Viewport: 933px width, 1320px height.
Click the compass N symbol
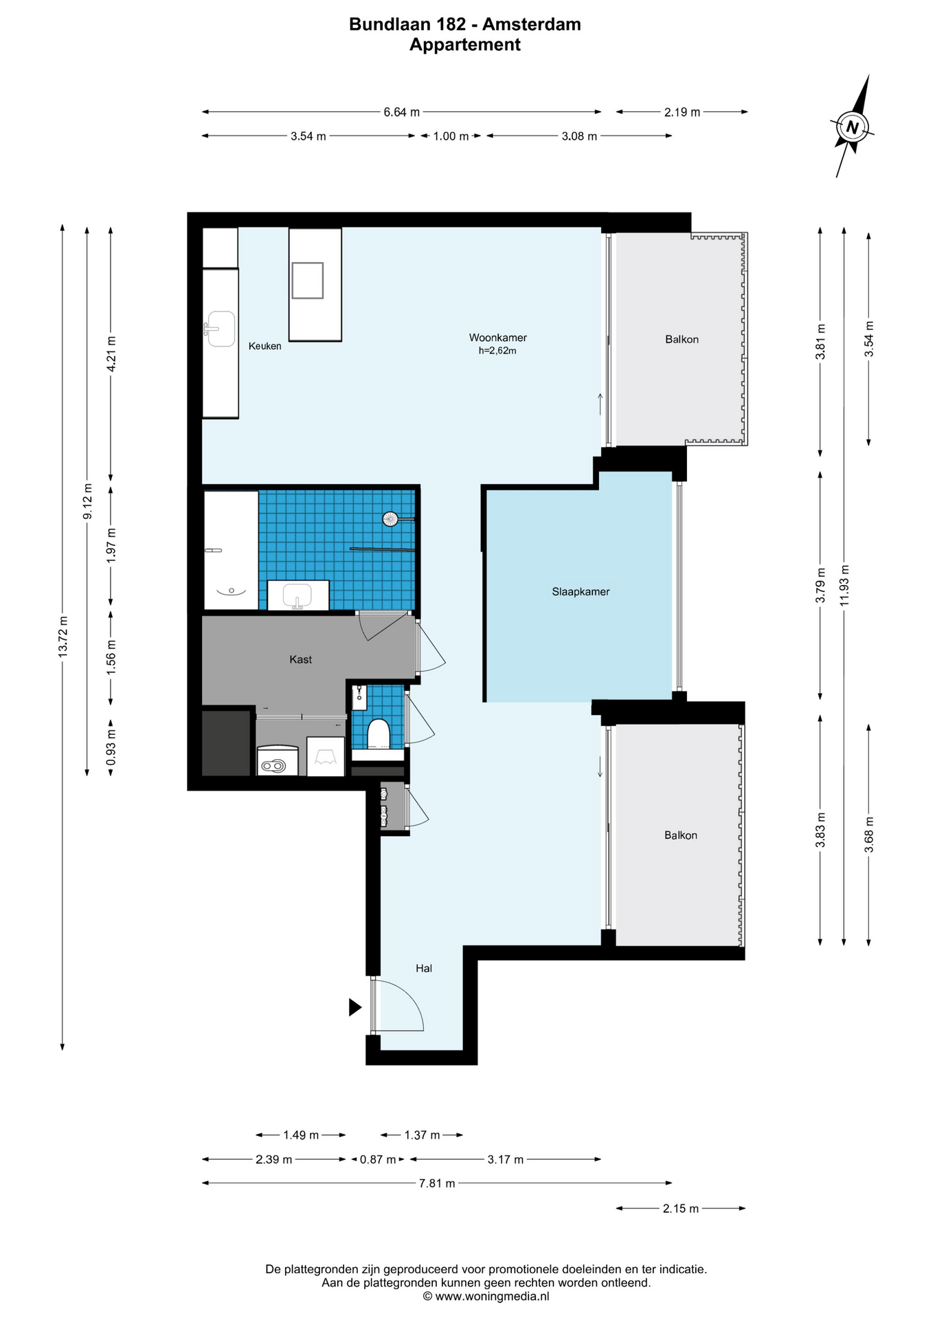pyautogui.click(x=853, y=126)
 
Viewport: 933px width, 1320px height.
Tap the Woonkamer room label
pyautogui.click(x=497, y=338)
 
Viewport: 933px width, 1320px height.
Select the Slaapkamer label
pyautogui.click(x=581, y=591)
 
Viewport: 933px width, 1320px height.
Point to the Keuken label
pyautogui.click(x=265, y=346)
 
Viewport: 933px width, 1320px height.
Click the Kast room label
pyautogui.click(x=300, y=659)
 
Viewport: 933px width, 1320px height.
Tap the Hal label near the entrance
pyautogui.click(x=424, y=968)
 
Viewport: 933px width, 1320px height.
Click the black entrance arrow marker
pyautogui.click(x=355, y=1007)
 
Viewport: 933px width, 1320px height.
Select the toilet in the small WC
pyautogui.click(x=379, y=734)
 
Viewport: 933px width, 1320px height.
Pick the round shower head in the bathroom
pyautogui.click(x=391, y=519)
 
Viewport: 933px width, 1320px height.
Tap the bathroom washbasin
pyautogui.click(x=297, y=595)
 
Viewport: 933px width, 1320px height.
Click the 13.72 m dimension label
pyautogui.click(x=63, y=637)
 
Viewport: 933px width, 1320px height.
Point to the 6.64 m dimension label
pyautogui.click(x=401, y=112)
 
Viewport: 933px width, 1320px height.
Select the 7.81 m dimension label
pyautogui.click(x=437, y=1183)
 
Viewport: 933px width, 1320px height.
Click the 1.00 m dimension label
pyautogui.click(x=451, y=136)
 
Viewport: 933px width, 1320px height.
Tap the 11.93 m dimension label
pyautogui.click(x=844, y=585)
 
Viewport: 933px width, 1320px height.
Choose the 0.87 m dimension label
pyautogui.click(x=378, y=1160)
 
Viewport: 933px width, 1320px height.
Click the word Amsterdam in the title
pyautogui.click(x=532, y=24)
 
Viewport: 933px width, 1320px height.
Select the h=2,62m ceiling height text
pyautogui.click(x=497, y=351)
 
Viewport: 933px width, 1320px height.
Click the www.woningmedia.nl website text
pyautogui.click(x=492, y=1296)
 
